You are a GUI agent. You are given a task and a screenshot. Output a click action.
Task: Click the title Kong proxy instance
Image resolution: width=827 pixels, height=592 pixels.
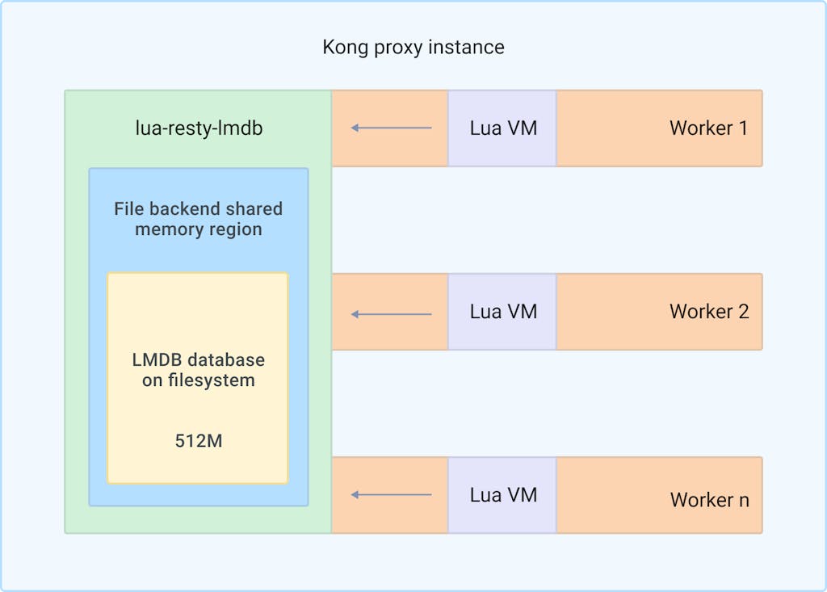[x=413, y=47]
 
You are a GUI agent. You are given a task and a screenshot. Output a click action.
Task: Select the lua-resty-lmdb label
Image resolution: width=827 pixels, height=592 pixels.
[x=199, y=128]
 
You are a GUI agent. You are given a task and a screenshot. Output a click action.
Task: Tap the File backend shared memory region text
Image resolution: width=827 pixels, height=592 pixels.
[x=199, y=219]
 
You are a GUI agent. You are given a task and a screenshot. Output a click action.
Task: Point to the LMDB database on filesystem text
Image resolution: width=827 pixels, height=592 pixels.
[x=199, y=369]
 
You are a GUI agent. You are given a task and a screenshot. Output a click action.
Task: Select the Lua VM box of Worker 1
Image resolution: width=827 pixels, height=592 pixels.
[x=503, y=128]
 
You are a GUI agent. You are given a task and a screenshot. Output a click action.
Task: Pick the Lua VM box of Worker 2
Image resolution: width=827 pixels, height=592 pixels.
[x=503, y=312]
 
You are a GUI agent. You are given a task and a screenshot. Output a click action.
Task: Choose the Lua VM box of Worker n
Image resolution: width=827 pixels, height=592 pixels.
[x=503, y=494]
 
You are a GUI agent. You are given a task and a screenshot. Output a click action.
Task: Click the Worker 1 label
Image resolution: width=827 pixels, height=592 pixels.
[x=708, y=128]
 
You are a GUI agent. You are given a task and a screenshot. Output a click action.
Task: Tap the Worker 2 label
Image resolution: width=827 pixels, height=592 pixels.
[x=708, y=312]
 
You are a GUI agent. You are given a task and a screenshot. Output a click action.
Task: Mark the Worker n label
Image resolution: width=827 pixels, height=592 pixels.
[x=709, y=500]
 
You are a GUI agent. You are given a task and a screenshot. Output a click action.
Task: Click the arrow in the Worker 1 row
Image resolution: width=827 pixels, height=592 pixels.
[x=392, y=128]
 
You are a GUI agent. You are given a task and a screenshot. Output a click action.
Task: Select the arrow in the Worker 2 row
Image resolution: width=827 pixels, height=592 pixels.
[x=392, y=313]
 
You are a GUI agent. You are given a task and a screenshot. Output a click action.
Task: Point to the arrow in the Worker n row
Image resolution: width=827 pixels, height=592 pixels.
[x=392, y=494]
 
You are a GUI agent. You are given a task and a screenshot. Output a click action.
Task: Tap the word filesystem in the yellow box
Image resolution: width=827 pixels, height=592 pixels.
[x=211, y=380]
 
